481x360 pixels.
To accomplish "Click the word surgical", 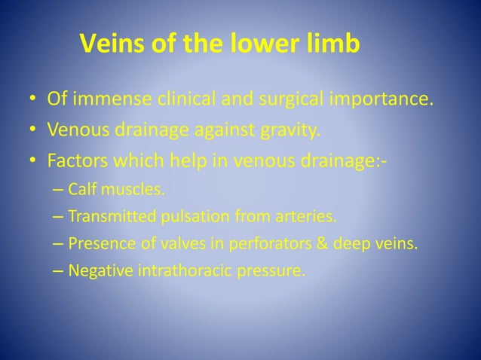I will point(283,99).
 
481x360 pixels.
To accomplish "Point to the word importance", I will point(378,99).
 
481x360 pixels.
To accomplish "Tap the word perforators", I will point(243,244).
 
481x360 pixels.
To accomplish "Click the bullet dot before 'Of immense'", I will point(32,100).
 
